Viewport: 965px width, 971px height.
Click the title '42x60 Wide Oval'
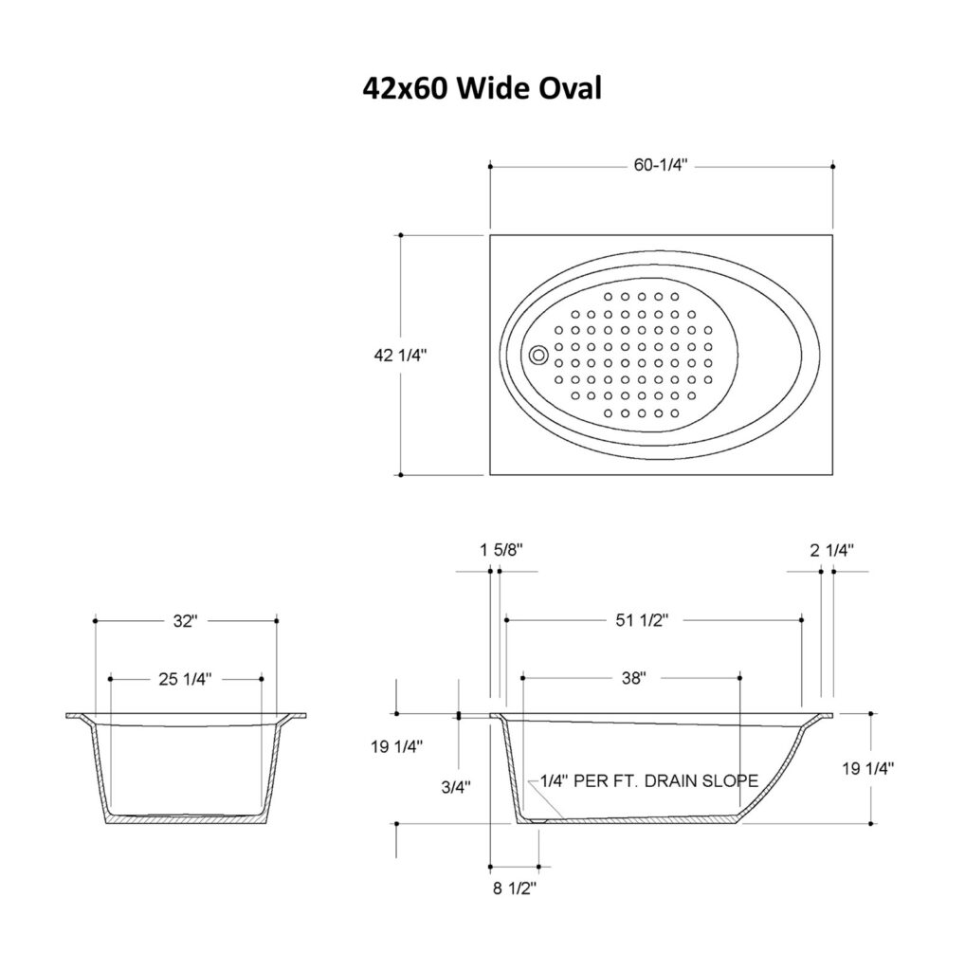coord(482,88)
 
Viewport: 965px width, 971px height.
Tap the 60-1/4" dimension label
coord(661,165)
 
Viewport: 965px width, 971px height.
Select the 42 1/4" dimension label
coord(400,355)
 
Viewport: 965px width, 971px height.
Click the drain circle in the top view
coord(538,355)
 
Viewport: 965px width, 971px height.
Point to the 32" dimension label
coord(185,620)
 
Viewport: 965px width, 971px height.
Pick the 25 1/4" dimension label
coord(185,679)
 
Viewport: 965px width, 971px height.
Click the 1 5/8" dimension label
coord(501,549)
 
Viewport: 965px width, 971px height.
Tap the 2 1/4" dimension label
coord(832,550)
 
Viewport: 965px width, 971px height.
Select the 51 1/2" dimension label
coord(642,620)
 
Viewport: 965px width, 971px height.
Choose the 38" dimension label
coord(634,678)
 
